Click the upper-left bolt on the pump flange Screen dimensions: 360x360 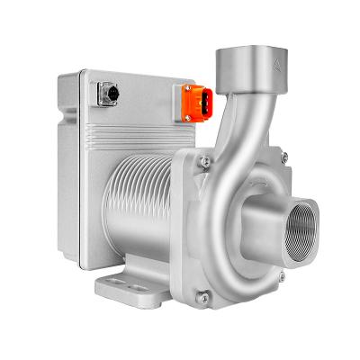(205, 162)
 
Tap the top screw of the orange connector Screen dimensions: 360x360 (188, 88)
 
